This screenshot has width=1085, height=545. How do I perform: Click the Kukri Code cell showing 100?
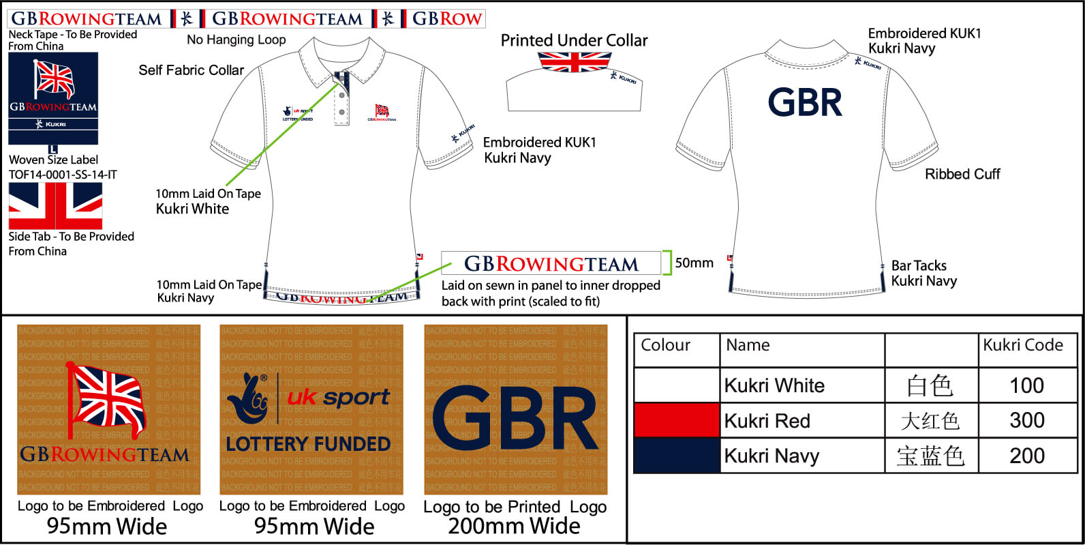coord(1026,386)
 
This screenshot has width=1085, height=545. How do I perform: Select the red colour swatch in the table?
coord(677,420)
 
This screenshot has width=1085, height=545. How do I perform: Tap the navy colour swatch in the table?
coord(677,456)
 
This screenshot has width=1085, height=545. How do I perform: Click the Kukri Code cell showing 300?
coord(1026,420)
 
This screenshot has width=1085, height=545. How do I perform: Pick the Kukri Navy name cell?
coord(771,456)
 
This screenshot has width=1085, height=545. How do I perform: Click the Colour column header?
coord(666,345)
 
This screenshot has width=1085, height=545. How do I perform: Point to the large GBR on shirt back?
coord(805,103)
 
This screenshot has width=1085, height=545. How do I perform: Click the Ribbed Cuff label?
coord(962,174)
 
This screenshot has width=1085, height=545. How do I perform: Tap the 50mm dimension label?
coord(694,263)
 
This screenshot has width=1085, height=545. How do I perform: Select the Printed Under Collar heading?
coord(574,40)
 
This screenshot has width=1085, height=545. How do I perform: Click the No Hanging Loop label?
coord(236,40)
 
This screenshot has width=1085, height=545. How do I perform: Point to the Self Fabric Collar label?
coord(191,70)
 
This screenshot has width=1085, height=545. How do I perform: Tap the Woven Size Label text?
coord(53,160)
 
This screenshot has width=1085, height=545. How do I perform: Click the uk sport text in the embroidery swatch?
coord(338,397)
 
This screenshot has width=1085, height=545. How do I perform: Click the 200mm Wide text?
coord(514,526)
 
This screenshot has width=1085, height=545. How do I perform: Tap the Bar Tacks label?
coord(919,265)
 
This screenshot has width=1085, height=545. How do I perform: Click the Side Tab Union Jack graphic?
coord(55,205)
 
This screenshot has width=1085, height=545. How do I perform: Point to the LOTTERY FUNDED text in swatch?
coord(308,444)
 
